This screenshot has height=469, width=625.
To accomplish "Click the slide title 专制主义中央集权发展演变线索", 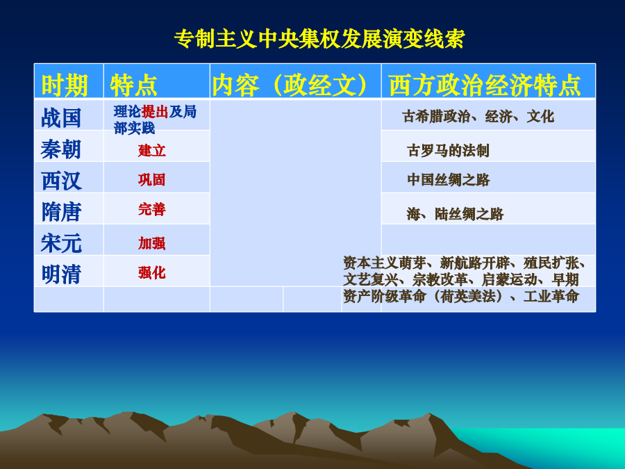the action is coord(319,39).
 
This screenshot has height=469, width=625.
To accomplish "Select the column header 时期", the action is coord(65,85).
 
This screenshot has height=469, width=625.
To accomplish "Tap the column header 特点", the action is coord(133,85).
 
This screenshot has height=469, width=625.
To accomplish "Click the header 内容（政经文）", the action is coord(290,85).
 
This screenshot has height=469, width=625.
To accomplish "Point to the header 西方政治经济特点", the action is coord(485,85).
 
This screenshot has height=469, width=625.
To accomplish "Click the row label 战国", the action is coord(61,117).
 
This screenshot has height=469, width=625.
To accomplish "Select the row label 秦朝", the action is coord(61,149).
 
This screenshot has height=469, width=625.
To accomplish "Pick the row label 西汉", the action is coord(61,180).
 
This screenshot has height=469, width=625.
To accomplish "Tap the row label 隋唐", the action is coord(61,211).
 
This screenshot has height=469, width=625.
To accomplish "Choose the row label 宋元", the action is coord(61,243).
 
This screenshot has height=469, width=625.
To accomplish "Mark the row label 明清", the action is coord(61,274).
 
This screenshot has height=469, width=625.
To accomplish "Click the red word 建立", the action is coord(152,151).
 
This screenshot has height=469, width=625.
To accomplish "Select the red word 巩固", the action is coord(152,180).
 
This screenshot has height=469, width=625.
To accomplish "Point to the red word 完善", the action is coord(152,209).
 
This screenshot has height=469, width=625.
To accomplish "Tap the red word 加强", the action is coord(152,243).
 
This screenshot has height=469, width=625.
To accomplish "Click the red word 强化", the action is coord(152,273).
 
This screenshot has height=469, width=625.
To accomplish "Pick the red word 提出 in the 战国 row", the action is coord(155,112).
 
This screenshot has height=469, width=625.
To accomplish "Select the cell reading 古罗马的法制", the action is coord(448,151).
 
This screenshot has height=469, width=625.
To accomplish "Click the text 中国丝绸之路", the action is coord(448,180).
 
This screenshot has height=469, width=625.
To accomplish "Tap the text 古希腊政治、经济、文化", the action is coord(478,117).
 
